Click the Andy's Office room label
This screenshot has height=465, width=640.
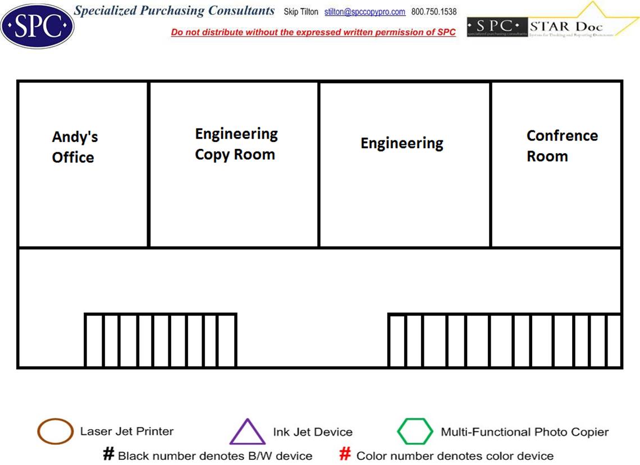coord(74,147)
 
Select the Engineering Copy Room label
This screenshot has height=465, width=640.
coord(236,144)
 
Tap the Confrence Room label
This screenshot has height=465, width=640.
coord(561,146)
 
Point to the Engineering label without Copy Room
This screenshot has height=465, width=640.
coord(401,143)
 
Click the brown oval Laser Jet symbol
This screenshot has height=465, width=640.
coord(55,431)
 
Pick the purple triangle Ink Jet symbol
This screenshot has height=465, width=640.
coord(247,433)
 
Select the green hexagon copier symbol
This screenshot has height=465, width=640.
coord(415,431)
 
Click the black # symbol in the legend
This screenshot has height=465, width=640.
coord(108,454)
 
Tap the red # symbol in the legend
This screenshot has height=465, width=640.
coord(345,454)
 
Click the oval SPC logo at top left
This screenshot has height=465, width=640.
coord(37,26)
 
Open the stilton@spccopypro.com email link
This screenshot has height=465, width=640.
coord(364,12)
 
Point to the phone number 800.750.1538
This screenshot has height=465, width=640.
coord(434,12)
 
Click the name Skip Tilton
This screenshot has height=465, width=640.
coord(301,12)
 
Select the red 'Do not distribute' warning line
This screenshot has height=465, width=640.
coord(313,33)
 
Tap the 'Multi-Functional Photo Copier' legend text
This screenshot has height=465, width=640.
coord(524,432)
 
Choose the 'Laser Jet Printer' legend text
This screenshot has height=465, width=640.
coord(127,431)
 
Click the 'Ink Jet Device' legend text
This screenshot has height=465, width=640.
coord(313,432)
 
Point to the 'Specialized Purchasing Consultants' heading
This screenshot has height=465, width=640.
coord(175,11)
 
